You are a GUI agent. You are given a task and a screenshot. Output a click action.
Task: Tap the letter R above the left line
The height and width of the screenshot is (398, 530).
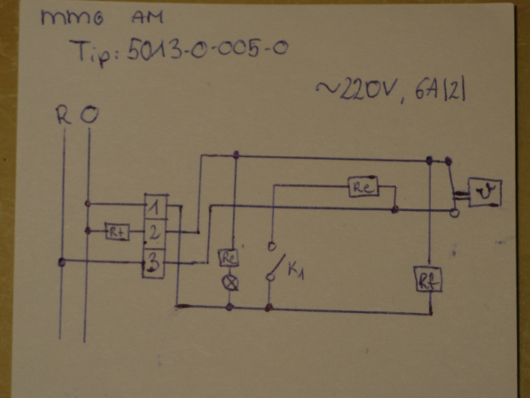point(64,115)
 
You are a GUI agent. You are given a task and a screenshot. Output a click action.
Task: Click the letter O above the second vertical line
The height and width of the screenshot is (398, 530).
point(89,116)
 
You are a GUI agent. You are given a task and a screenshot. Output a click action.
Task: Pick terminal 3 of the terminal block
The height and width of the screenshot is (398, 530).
point(154,263)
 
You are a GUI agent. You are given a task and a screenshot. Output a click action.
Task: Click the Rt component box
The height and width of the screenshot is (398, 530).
point(117,232)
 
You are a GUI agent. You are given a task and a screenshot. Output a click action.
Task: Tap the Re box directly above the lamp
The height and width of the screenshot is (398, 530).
point(229,258)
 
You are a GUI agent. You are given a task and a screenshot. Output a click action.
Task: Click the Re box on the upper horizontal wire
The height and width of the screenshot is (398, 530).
point(363,187)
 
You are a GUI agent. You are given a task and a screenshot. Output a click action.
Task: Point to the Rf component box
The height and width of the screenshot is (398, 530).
point(427,280)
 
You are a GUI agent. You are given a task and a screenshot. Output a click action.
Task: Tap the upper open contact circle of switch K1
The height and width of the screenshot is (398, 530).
point(270,246)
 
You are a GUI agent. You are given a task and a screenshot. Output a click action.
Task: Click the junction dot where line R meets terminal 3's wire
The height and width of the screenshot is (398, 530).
point(62,262)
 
